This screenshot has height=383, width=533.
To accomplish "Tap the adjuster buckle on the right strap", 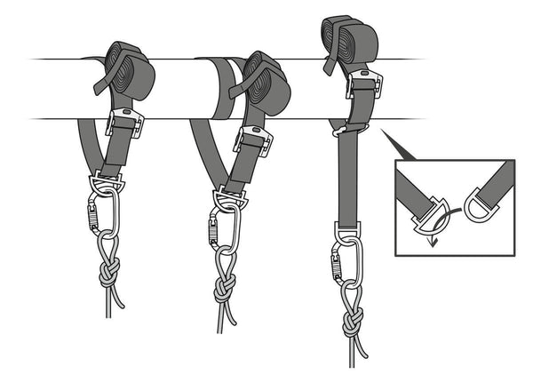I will (363, 86).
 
